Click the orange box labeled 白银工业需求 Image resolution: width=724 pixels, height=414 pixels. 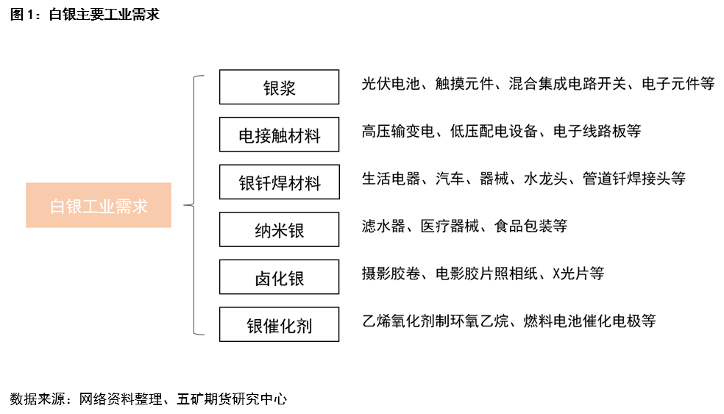[x=99, y=205]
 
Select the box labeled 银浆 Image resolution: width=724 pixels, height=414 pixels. [x=279, y=87]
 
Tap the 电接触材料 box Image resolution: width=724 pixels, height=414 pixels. [x=279, y=135]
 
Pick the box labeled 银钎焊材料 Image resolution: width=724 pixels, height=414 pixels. [x=279, y=182]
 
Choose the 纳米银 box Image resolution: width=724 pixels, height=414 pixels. [x=279, y=229]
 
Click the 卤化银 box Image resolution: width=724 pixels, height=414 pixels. [x=279, y=277]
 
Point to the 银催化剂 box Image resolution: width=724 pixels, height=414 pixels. [x=279, y=324]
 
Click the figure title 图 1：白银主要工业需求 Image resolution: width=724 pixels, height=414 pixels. [x=85, y=14]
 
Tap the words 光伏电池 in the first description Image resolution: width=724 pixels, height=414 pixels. [x=391, y=84]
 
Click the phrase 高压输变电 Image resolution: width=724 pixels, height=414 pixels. [x=398, y=131]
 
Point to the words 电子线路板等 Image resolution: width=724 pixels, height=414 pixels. [x=597, y=131]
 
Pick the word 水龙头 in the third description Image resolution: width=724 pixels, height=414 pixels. [x=545, y=179]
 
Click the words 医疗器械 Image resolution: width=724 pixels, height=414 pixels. [x=450, y=226]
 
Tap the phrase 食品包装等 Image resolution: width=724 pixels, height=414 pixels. [x=530, y=226]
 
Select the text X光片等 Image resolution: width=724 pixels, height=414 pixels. [x=578, y=274]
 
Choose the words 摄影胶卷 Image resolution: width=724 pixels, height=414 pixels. [x=391, y=274]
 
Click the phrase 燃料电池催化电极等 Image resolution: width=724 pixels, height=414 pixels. [x=589, y=321]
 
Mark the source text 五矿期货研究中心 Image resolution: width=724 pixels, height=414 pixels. [x=232, y=399]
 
